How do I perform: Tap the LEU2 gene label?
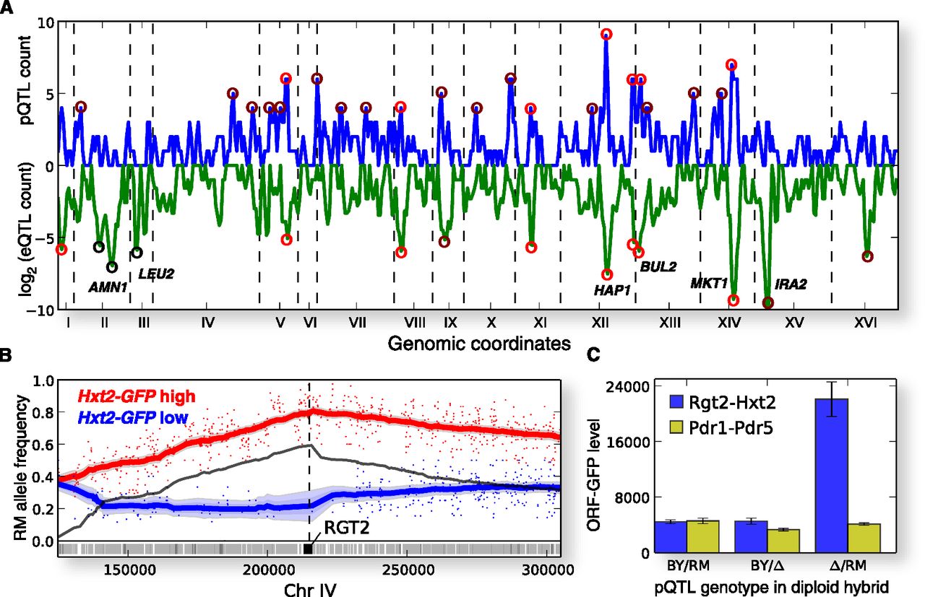point(156,274)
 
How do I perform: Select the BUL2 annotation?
point(658,266)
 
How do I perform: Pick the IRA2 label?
point(790,284)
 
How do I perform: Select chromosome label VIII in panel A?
point(414,322)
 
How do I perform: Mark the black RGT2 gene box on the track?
point(309,549)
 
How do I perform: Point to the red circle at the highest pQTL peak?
point(606,35)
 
